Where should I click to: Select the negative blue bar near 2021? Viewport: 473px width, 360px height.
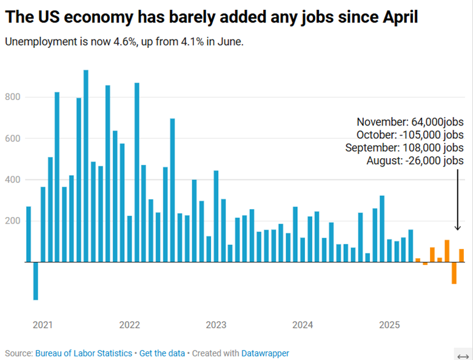click(x=36, y=281)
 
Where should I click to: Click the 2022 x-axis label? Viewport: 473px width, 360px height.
click(x=129, y=325)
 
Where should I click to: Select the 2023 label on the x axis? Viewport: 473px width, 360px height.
click(x=216, y=325)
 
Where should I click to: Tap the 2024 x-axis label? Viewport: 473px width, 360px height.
click(x=303, y=325)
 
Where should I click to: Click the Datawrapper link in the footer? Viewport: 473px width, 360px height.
click(x=265, y=353)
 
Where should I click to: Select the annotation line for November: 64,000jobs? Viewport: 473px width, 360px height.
click(x=410, y=121)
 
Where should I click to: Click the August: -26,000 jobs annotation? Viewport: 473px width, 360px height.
click(x=415, y=161)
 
